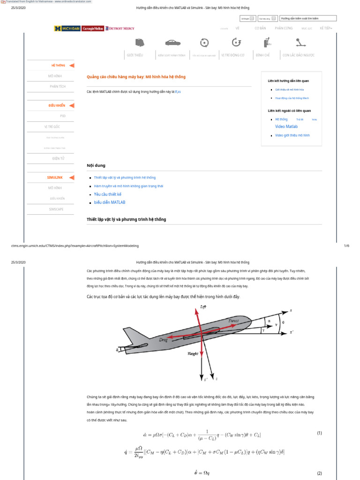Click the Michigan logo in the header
pos(67,29)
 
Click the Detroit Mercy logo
pos(120,29)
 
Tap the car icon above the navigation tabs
pos(172,43)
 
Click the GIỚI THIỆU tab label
pos(135,55)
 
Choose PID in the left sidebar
pos(63,115)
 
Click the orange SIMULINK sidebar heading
pos(55,177)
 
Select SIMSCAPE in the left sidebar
pos(56,209)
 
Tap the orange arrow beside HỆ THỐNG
pos(72,66)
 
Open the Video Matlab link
pos(286,127)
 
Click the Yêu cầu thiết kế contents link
pos(107,194)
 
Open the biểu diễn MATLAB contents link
pos(109,202)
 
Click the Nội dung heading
pos(96,165)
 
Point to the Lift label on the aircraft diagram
pos(203,307)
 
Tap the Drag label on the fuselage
pos(164,338)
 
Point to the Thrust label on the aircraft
pos(233,321)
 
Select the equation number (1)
pos(319,433)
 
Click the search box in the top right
pos(307,18)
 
